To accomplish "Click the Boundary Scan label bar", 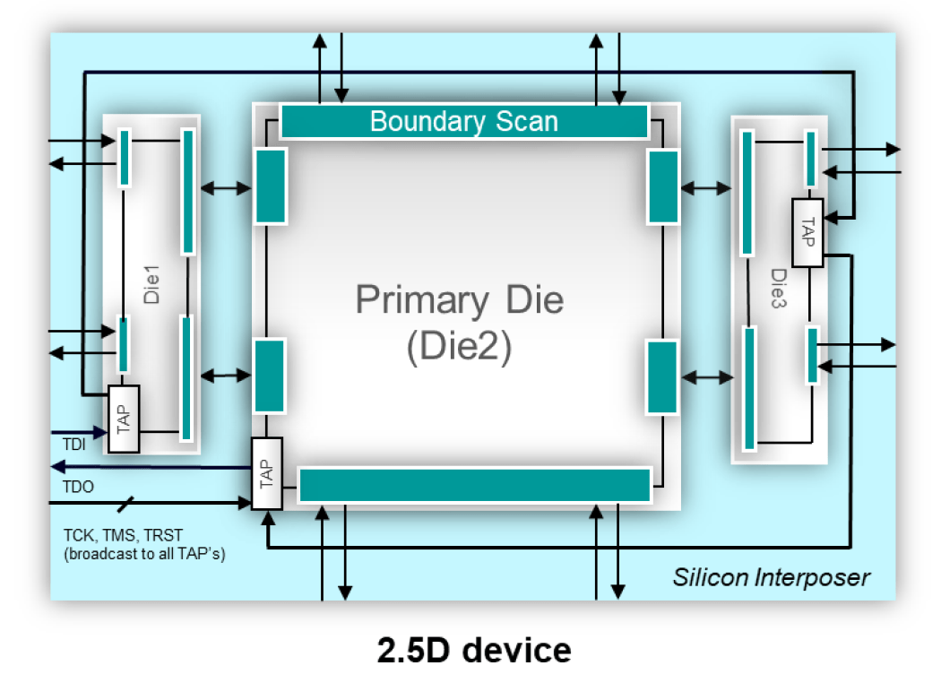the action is (464, 122).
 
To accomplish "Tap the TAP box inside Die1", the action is (124, 419).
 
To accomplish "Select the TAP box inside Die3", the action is (807, 233).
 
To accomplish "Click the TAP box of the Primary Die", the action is (266, 473).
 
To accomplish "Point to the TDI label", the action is (73, 445).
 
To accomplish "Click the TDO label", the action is (78, 487).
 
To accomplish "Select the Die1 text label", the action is (151, 284).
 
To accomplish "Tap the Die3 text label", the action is (778, 288).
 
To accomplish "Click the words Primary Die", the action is (460, 300).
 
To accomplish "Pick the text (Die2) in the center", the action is (459, 346).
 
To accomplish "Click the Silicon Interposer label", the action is (771, 577).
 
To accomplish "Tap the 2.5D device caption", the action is (474, 651).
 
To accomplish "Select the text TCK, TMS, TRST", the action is (123, 535).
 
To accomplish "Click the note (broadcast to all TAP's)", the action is (144, 553).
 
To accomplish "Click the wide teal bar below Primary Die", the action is (475, 485).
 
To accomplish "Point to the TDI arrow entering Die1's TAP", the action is (79, 431).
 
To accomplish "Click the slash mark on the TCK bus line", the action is (125, 504).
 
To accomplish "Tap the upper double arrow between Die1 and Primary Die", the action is (226, 188).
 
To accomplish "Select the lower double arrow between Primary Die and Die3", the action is (707, 377).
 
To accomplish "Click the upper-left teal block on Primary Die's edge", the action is (271, 186).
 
